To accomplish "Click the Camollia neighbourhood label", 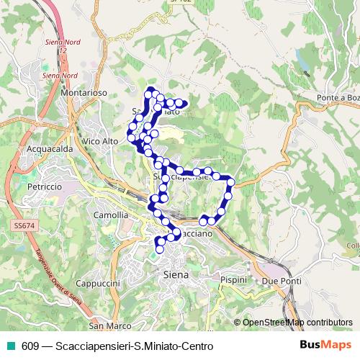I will [x=111, y=215].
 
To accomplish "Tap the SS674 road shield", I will [x=24, y=226].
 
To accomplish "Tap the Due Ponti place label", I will [x=280, y=279].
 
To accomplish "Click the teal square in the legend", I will [x=9, y=345].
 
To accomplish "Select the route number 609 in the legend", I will [x=30, y=345].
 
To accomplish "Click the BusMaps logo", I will [x=325, y=345].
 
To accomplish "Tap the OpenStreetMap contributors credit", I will [x=297, y=323].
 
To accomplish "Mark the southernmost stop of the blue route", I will [x=159, y=249].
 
